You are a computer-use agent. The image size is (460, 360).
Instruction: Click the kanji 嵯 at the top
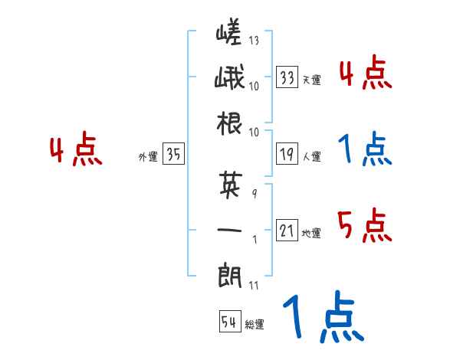[x=229, y=35]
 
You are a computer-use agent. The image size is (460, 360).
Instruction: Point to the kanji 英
[x=230, y=184]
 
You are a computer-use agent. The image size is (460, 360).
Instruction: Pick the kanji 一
[x=230, y=229]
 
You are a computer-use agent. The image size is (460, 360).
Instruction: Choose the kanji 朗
[x=230, y=273]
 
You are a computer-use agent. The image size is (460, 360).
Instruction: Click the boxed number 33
[x=287, y=77]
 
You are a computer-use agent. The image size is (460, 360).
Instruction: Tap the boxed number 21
[x=287, y=231]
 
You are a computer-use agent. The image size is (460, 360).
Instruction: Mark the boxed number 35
[x=173, y=155]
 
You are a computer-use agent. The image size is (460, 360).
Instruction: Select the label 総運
[x=255, y=324]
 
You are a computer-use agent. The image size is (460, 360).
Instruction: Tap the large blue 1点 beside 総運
[x=321, y=317]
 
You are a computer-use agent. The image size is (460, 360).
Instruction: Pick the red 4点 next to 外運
[x=76, y=152]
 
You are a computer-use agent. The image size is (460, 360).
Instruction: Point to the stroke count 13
[x=255, y=41]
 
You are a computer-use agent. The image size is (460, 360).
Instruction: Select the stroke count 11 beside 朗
[x=254, y=286]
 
